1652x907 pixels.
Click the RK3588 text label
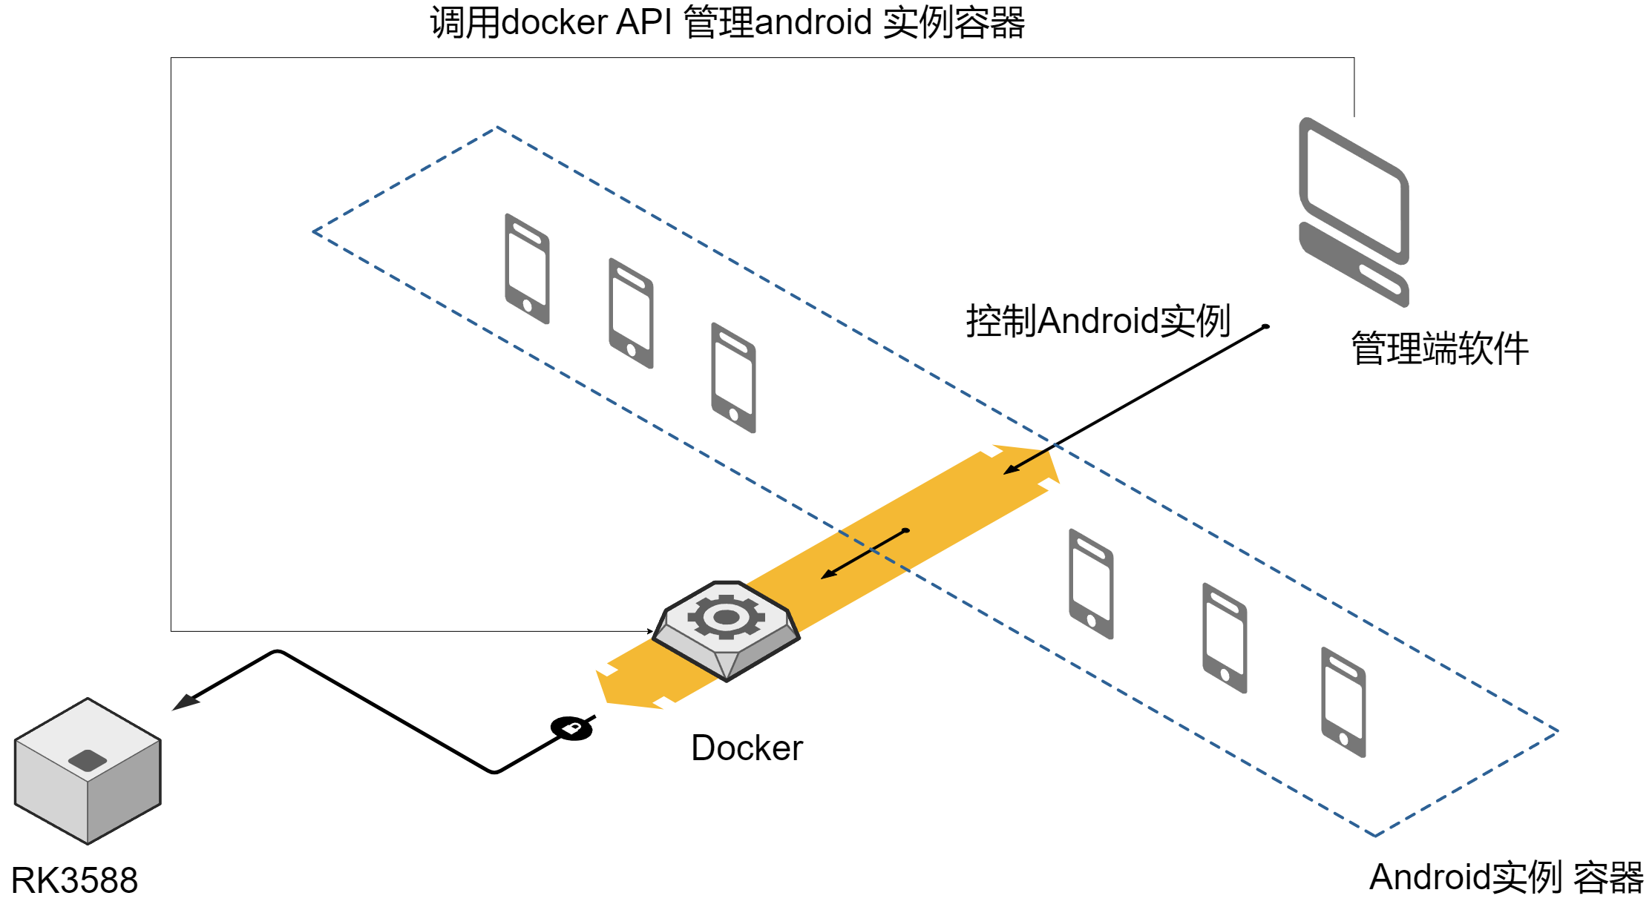(74, 881)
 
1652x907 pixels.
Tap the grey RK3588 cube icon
(88, 771)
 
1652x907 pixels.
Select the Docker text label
(747, 748)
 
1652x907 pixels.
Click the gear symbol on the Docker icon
(726, 616)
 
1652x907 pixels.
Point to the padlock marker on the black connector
(571, 728)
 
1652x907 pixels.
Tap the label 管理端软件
(1440, 349)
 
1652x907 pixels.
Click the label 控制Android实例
(1098, 321)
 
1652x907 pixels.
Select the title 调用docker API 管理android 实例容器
(727, 22)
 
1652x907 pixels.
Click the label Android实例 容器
(1506, 877)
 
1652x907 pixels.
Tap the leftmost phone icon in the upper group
(527, 268)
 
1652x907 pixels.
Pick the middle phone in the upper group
(631, 313)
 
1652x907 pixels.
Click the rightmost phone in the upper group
(733, 377)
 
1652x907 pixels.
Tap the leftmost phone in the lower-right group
(1091, 584)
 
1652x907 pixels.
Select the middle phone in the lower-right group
(1225, 638)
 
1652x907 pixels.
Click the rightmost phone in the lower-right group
(1343, 702)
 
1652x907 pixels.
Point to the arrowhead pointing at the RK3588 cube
(183, 702)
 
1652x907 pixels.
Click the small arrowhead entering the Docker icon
(649, 631)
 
